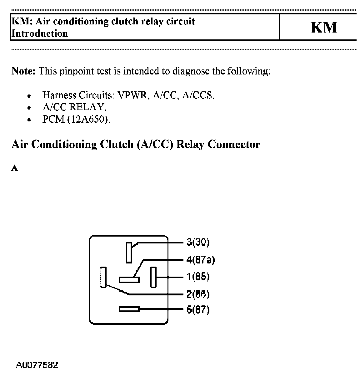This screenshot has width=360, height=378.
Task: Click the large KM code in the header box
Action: pyautogui.click(x=324, y=27)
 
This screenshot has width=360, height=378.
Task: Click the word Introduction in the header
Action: pyautogui.click(x=40, y=33)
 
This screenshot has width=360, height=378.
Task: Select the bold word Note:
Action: pyautogui.click(x=23, y=71)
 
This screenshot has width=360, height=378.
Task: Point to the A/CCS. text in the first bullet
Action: pyautogui.click(x=198, y=95)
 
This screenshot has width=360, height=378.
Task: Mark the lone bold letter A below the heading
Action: pyautogui.click(x=15, y=168)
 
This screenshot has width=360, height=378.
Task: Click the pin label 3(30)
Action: pyautogui.click(x=198, y=242)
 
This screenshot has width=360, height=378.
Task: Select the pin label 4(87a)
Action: pyautogui.click(x=201, y=260)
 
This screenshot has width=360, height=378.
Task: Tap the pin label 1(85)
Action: pyautogui.click(x=198, y=277)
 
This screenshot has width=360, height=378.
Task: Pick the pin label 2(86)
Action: pyautogui.click(x=198, y=294)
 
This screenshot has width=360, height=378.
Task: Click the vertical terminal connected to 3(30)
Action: pyautogui.click(x=129, y=253)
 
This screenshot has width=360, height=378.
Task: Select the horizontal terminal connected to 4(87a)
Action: pyautogui.click(x=129, y=279)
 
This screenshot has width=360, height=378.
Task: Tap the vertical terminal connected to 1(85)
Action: pyautogui.click(x=153, y=277)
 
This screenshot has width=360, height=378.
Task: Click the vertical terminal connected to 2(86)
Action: pyautogui.click(x=103, y=277)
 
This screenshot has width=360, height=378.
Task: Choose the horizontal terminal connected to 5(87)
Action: pyautogui.click(x=129, y=309)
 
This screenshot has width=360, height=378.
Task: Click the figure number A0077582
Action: pyautogui.click(x=37, y=365)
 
